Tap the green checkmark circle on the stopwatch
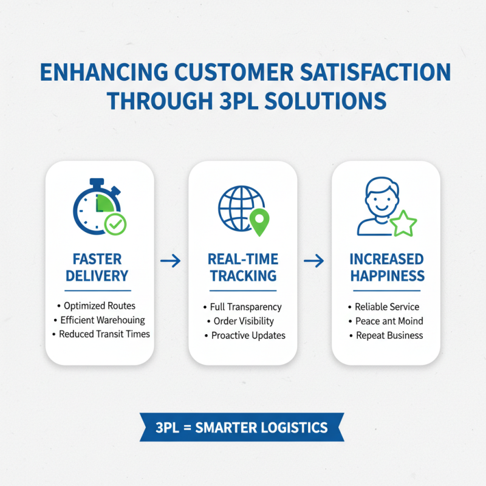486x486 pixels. pyautogui.click(x=115, y=224)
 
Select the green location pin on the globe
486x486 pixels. pyautogui.click(x=259, y=222)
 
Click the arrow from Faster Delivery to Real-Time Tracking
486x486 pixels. pyautogui.click(x=171, y=261)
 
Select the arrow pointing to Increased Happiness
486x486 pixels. pyautogui.click(x=313, y=261)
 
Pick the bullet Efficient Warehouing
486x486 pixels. pyautogui.click(x=103, y=320)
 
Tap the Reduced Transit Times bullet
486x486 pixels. pyautogui.click(x=104, y=334)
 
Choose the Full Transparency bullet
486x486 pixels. pyautogui.click(x=245, y=307)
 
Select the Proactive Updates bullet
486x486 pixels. pyautogui.click(x=248, y=335)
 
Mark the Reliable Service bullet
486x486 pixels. pyautogui.click(x=387, y=307)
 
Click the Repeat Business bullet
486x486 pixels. pyautogui.click(x=389, y=335)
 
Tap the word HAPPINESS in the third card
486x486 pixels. pyautogui.click(x=387, y=276)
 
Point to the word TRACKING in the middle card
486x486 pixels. pyautogui.click(x=243, y=276)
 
